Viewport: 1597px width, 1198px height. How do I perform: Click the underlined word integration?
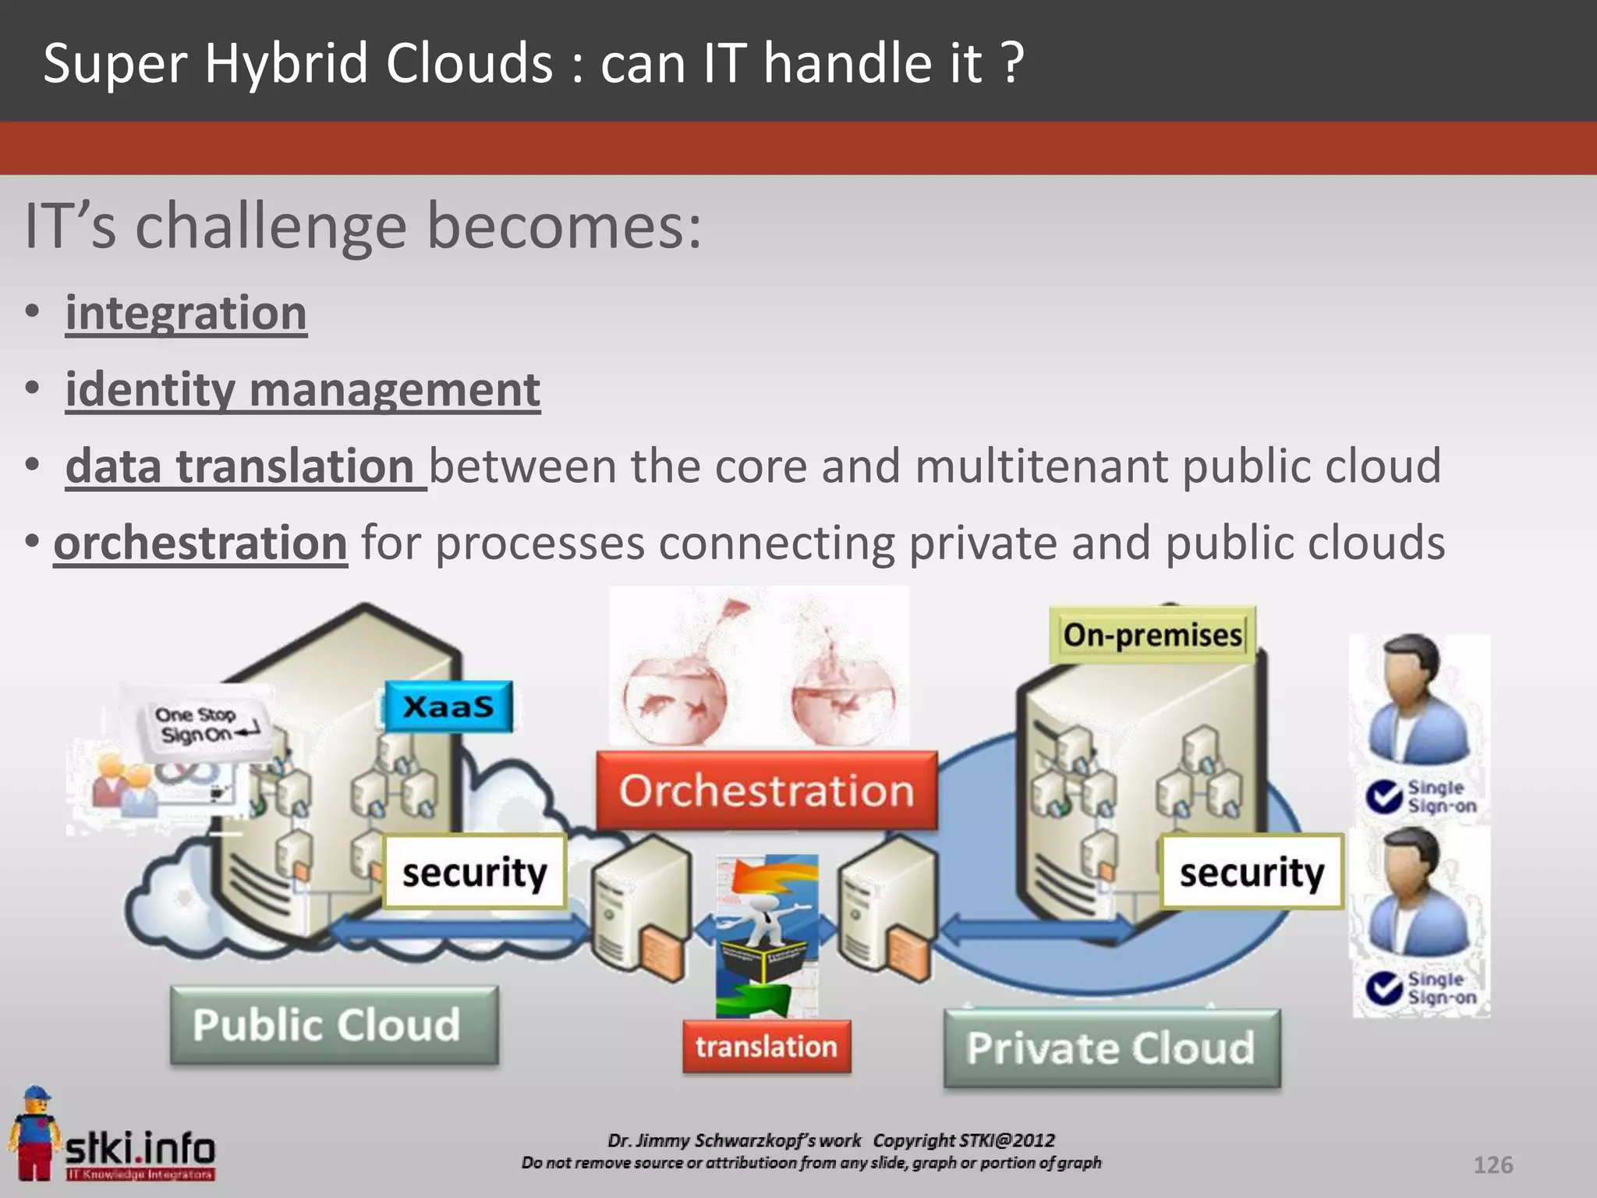point(186,313)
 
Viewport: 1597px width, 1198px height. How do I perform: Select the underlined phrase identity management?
point(303,389)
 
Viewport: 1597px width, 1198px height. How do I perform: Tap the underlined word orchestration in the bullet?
point(200,543)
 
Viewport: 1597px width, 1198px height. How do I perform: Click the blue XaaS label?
point(448,707)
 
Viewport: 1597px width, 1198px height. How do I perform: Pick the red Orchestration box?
point(767,790)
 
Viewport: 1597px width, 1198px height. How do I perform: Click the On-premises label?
point(1152,635)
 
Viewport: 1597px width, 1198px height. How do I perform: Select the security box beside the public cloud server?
point(474,871)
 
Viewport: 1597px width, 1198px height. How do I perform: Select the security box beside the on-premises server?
point(1251,871)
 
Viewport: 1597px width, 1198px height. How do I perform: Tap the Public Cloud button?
point(334,1025)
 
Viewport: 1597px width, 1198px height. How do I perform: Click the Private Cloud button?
point(1111,1047)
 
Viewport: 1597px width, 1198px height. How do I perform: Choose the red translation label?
point(767,1046)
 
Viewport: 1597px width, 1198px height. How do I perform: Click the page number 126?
point(1493,1164)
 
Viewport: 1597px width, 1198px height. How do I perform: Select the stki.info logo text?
point(140,1148)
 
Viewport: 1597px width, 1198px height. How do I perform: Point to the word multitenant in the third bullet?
point(1042,466)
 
